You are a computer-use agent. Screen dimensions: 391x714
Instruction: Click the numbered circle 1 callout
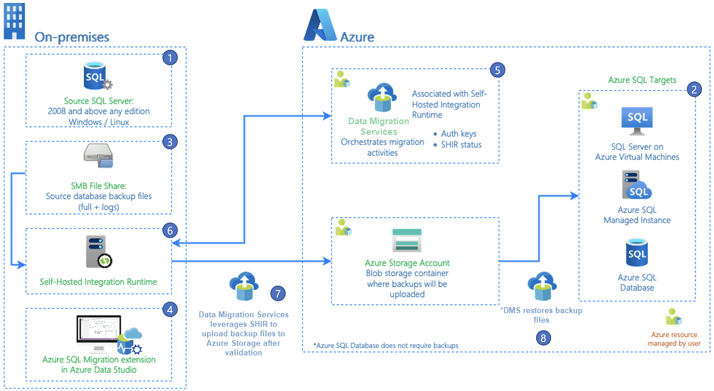coord(171,58)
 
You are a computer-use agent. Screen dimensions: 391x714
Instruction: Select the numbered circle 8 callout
coord(542,338)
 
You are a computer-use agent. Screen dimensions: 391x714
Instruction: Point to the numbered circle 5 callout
coord(497,70)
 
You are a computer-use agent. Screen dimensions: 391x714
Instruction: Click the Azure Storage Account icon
coord(407,241)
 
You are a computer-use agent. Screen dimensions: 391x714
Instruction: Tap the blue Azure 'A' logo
coord(320,26)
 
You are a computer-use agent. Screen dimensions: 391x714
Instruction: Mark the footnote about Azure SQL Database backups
coord(386,345)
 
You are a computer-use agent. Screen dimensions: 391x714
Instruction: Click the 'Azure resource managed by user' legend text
coord(675,339)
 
